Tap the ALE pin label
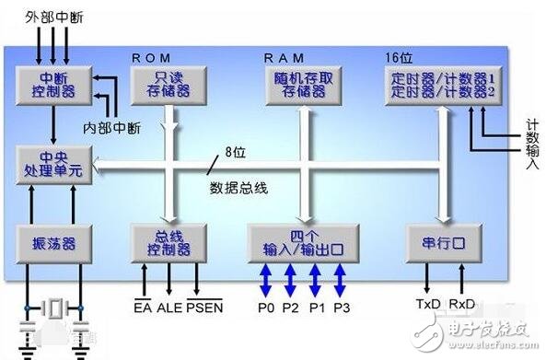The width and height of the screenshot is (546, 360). pyautogui.click(x=171, y=305)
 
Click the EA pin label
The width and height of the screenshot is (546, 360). pyautogui.click(x=143, y=305)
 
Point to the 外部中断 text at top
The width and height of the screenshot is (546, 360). pyautogui.click(x=52, y=13)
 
